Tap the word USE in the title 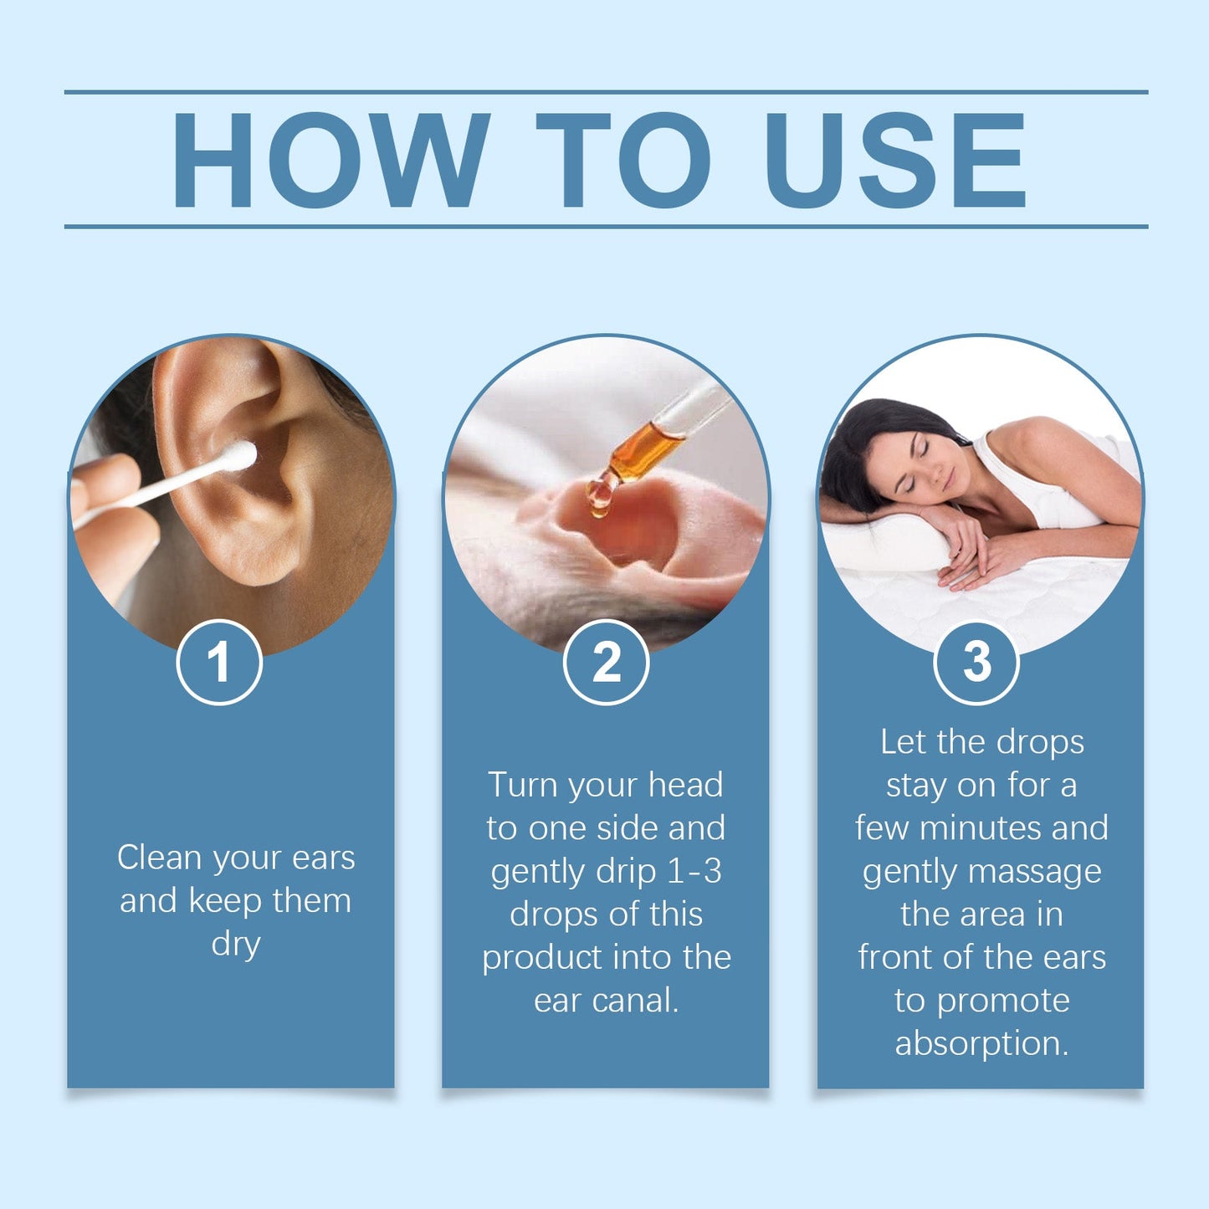[x=894, y=159]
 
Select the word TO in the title [x=623, y=159]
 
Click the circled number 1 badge [x=219, y=662]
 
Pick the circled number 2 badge [x=606, y=662]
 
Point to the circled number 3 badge [x=976, y=662]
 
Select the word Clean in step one [x=159, y=858]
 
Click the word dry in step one [x=236, y=945]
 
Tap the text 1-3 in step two [x=694, y=872]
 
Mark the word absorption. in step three [x=981, y=1044]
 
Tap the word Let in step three [x=903, y=742]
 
